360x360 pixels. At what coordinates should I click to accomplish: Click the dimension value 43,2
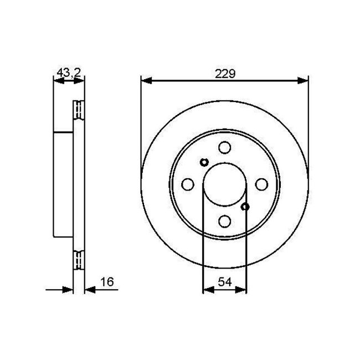point(69,72)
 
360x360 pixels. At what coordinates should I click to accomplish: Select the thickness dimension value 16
point(107,282)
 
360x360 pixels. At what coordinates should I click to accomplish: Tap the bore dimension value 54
point(224,282)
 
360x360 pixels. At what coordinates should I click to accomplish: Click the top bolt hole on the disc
point(224,147)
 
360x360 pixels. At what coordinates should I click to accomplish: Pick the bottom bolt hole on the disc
point(224,221)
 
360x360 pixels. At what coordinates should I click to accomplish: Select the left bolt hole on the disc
point(187,184)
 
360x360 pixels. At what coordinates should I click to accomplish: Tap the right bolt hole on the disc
point(261,184)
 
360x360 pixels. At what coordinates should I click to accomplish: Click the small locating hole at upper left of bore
point(204,162)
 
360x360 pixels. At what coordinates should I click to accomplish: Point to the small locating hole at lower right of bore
point(245,207)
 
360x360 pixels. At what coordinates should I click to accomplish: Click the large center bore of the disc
point(224,184)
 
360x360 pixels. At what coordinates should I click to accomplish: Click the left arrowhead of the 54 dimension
point(207,289)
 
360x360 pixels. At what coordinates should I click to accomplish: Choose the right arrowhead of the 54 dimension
point(241,289)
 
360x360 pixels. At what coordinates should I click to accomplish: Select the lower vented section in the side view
point(79,259)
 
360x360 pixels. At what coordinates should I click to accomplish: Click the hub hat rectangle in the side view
point(64,184)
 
